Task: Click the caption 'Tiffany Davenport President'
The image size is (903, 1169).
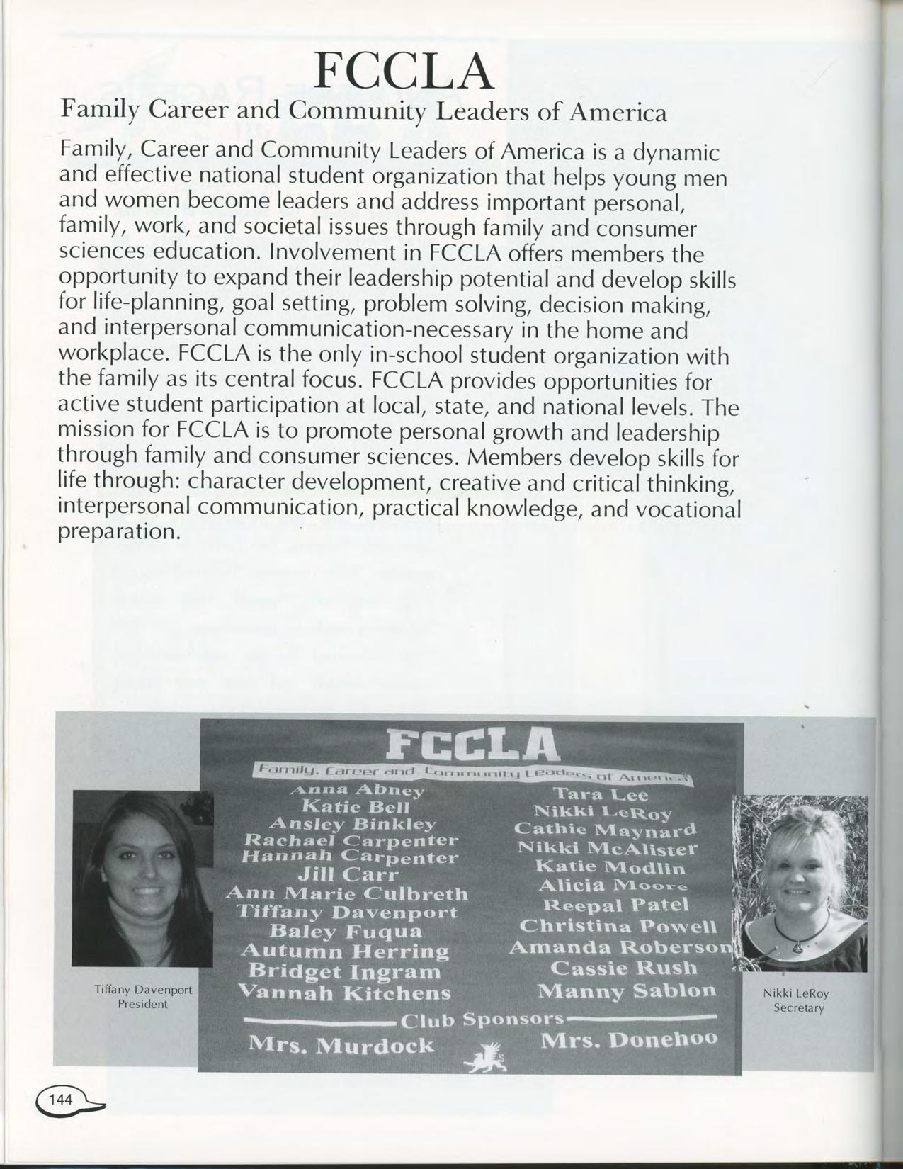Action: (x=143, y=996)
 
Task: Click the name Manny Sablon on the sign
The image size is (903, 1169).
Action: (x=626, y=990)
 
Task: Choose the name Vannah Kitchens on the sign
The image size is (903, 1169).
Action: (x=344, y=993)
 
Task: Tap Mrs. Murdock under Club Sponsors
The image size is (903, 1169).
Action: (x=341, y=1045)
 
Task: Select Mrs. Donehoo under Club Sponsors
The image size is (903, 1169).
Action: (x=629, y=1040)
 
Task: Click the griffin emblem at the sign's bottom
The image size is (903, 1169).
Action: (x=485, y=1060)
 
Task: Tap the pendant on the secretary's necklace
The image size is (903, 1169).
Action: (x=798, y=945)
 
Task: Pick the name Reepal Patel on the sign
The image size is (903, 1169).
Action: (x=615, y=905)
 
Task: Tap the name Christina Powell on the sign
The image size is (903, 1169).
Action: (x=618, y=927)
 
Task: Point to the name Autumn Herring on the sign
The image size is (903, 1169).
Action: (x=346, y=950)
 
